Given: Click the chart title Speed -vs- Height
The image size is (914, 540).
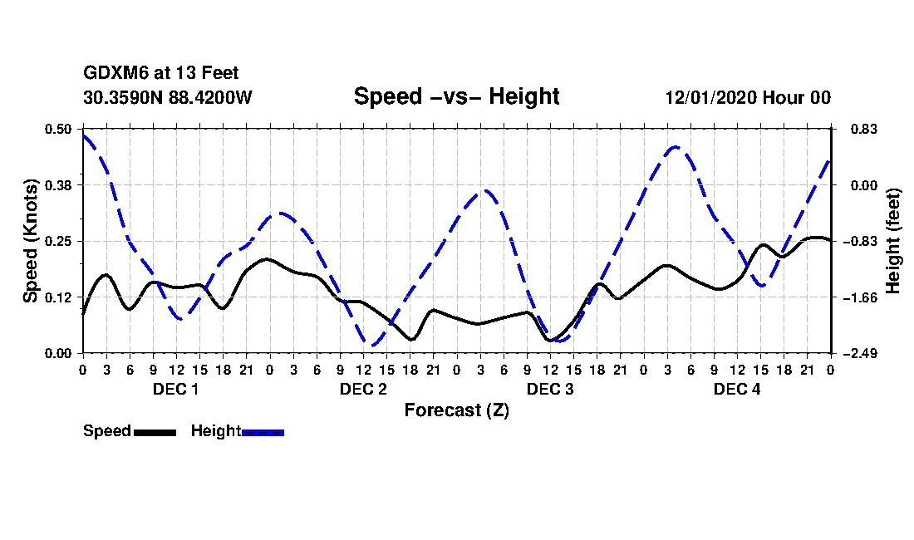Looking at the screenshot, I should pos(456,96).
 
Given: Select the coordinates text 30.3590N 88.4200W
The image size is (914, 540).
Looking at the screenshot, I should pos(167,97).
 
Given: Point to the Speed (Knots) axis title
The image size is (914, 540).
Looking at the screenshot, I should pos(30,241).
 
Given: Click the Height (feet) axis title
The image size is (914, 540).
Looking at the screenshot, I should pos(894,241).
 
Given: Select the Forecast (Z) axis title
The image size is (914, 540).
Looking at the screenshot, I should pos(456,410).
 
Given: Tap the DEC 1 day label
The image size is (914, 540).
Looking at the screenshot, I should pos(175,390).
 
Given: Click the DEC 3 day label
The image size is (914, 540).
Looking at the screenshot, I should pos(550,390).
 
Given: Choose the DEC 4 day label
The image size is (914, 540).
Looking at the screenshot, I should pos(737,390).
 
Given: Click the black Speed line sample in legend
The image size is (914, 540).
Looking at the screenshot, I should pos(155,432).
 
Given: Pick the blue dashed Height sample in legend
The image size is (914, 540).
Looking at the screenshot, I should pos(263,432).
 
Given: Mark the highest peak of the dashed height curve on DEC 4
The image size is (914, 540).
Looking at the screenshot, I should pos(675,147).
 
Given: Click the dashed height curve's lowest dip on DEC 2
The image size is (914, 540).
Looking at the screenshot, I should pos(373,344).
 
